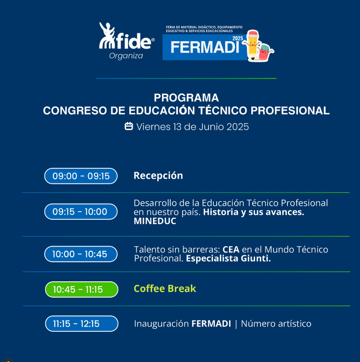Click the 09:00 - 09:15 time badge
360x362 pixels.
tap(81, 176)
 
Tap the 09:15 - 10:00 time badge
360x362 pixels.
tap(81, 211)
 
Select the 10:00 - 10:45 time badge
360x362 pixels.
tap(81, 254)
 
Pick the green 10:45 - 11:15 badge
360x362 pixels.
tap(82, 289)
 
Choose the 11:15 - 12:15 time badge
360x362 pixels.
tap(82, 323)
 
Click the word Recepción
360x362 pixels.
tap(158, 176)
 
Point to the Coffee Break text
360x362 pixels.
tap(165, 289)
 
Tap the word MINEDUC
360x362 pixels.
tap(155, 221)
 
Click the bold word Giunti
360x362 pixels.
tap(256, 258)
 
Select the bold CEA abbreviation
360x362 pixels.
tap(231, 250)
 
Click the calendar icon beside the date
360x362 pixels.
tap(129, 126)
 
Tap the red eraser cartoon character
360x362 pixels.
tap(265, 52)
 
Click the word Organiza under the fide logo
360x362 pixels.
tap(126, 56)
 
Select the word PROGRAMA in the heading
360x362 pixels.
tap(186, 98)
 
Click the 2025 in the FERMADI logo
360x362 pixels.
tap(238, 38)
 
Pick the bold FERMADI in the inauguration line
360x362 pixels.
tap(211, 324)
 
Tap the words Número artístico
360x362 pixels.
tap(276, 324)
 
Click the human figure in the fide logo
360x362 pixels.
tap(107, 35)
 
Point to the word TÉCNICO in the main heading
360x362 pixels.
tap(223, 110)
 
